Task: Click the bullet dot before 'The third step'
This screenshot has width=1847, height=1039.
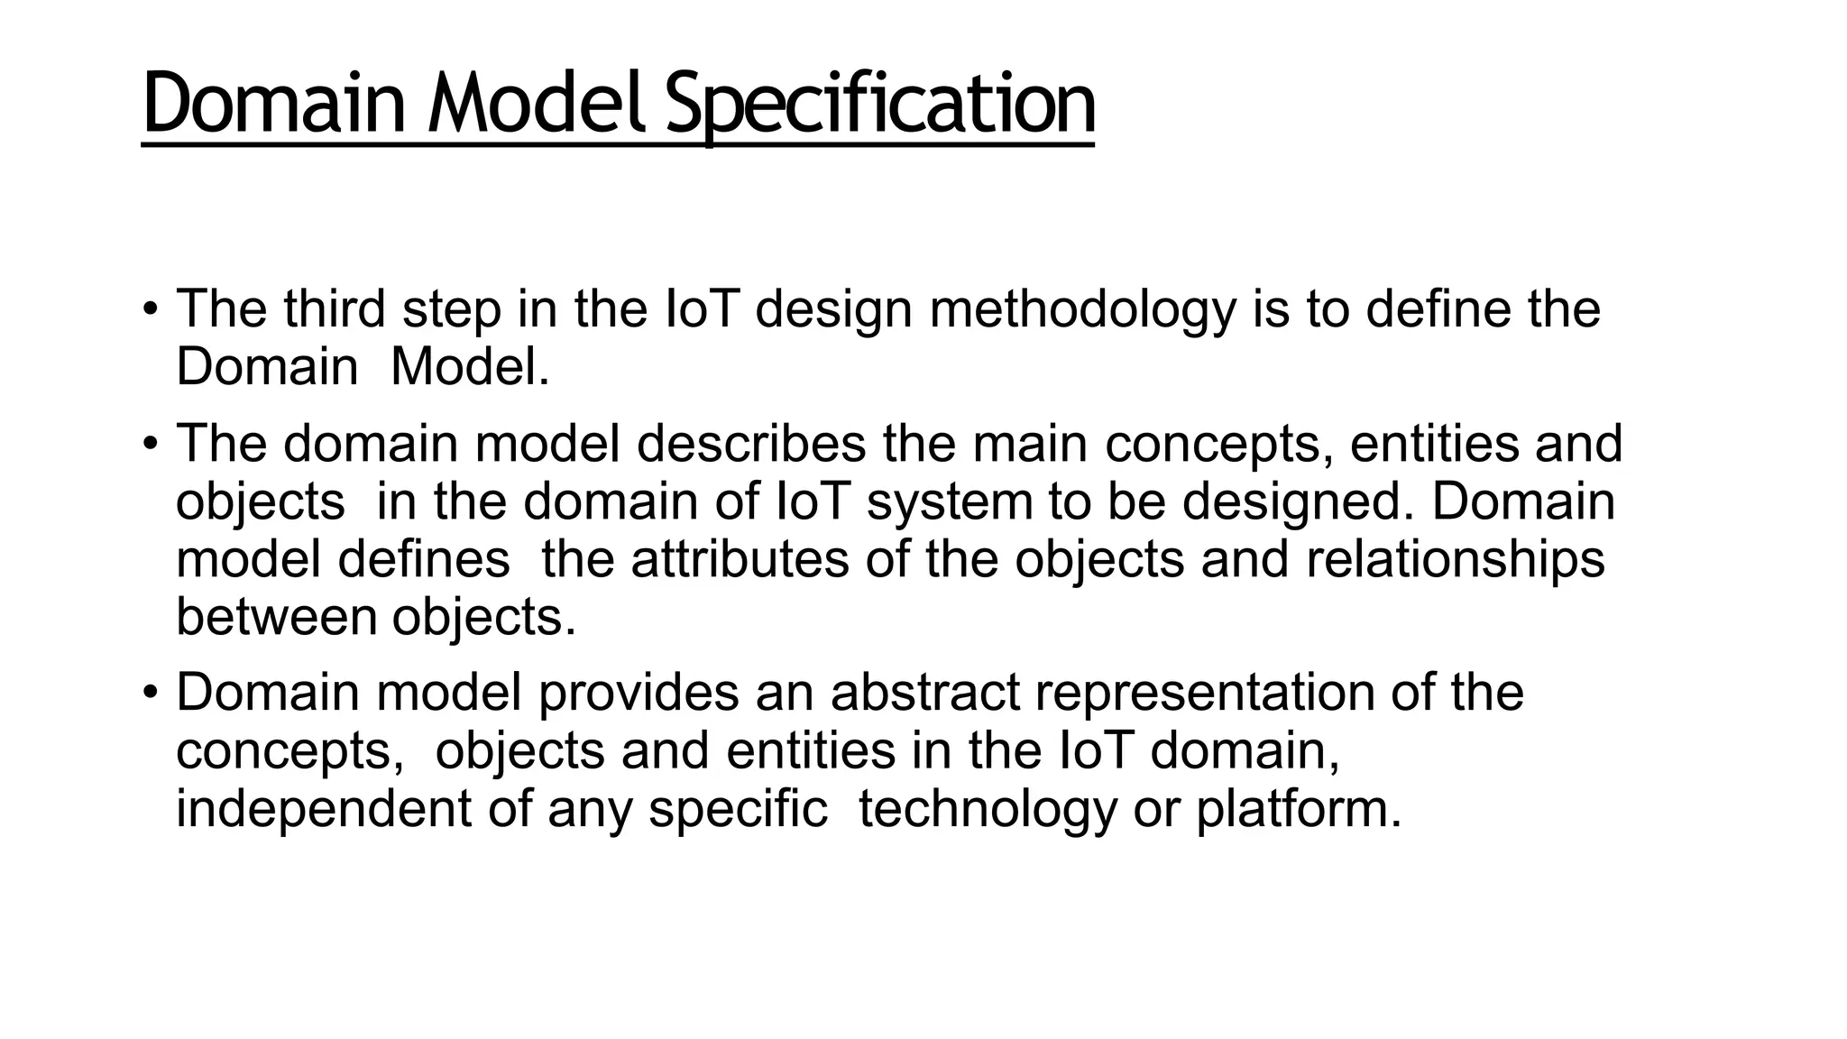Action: point(151,309)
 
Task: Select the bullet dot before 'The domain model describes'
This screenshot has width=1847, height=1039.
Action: point(151,444)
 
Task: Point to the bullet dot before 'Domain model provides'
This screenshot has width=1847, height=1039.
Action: point(151,693)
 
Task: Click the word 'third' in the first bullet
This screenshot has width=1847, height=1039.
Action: point(335,309)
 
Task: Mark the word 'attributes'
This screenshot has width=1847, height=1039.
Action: point(740,559)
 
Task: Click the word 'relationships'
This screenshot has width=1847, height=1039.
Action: point(1456,559)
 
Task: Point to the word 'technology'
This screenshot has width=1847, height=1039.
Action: point(987,808)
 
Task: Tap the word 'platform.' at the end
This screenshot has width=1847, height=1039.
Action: point(1299,808)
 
